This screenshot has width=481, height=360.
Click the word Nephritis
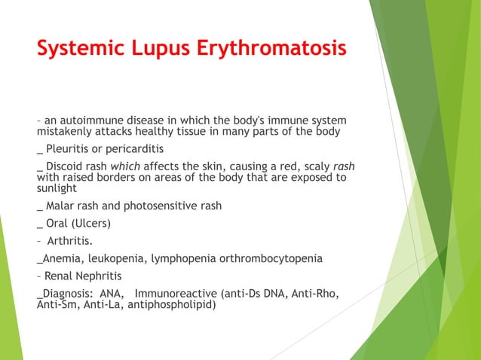[100, 276]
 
